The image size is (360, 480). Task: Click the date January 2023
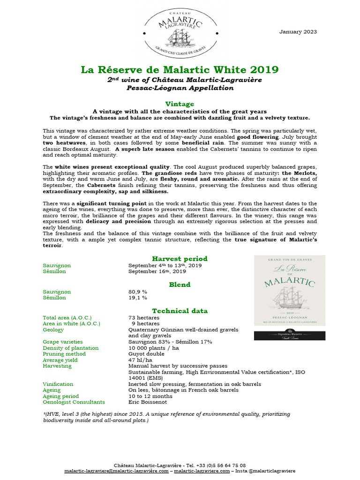(298, 32)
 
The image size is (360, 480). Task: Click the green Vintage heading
(180, 104)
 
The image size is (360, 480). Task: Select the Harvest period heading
(180, 259)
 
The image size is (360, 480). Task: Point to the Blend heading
(180, 285)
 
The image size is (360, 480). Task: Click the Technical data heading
(180, 311)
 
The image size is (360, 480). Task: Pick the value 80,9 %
(138, 292)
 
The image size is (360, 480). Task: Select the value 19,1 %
(138, 298)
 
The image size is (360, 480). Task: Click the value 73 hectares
(144, 318)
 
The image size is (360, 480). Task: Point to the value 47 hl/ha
(140, 360)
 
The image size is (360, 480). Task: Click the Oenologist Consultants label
(74, 402)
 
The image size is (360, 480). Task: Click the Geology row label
(53, 330)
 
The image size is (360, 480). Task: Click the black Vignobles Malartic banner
(289, 336)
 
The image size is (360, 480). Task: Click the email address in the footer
(116, 471)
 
